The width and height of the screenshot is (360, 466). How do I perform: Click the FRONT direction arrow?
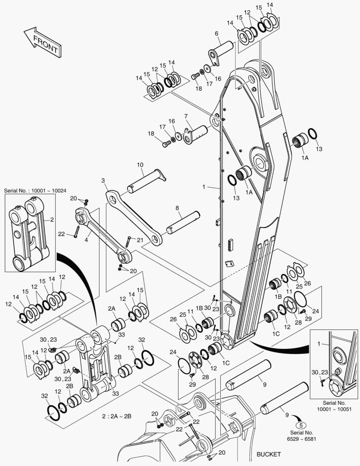point(41,42)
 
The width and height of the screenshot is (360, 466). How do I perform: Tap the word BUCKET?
point(269,454)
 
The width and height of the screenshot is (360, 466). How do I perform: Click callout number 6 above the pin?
point(216,33)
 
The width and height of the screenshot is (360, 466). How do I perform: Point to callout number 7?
point(186,116)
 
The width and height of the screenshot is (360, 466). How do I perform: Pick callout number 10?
point(140,165)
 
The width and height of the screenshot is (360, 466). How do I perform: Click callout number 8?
point(177,208)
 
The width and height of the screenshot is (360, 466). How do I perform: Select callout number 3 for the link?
point(103,180)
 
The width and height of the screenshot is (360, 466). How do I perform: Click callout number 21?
point(140,240)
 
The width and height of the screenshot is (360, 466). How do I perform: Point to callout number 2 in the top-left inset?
point(52,220)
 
